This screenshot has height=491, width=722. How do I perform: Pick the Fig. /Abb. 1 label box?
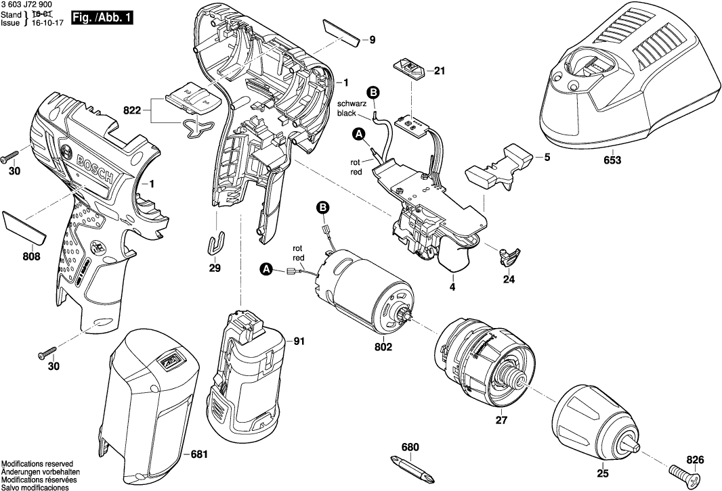click(105, 16)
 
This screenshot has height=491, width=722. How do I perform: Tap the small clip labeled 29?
click(215, 243)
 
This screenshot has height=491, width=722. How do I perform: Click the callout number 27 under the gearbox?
click(501, 419)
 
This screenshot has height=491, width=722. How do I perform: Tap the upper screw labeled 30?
click(12, 157)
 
